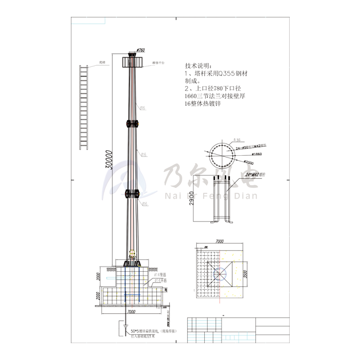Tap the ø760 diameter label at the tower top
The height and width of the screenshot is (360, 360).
141,51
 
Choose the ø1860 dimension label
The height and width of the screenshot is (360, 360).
256,154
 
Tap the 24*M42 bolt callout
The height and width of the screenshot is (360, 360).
247,175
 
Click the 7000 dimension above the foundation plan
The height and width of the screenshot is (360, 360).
219,241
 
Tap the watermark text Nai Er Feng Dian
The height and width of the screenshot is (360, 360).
209,196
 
